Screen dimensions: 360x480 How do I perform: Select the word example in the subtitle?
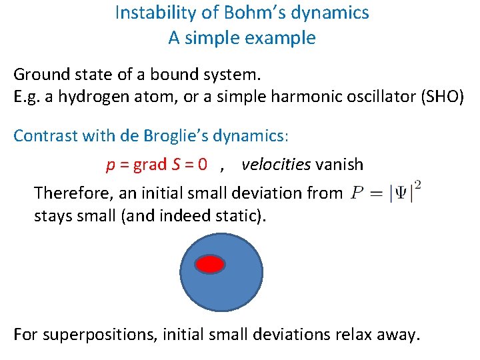(281, 38)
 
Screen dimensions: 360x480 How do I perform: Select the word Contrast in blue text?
(45, 136)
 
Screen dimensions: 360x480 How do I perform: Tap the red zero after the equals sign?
(201, 164)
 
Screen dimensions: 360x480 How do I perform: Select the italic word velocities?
(276, 164)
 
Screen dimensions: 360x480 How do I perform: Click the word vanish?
(339, 164)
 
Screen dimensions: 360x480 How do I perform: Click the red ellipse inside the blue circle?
(210, 265)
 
